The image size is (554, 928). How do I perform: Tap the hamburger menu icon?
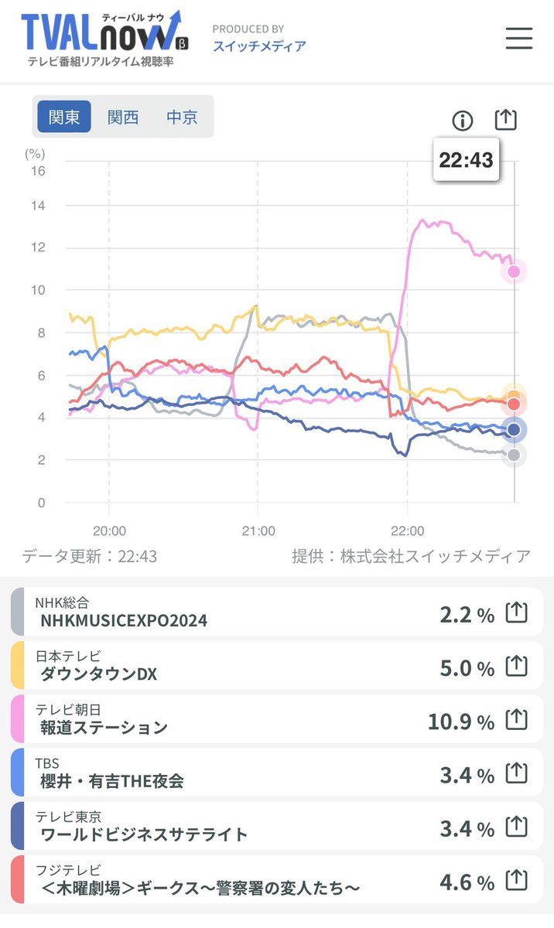(519, 38)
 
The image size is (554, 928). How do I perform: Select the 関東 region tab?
(64, 118)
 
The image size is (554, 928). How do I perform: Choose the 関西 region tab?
(123, 118)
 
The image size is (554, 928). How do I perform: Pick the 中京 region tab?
(182, 118)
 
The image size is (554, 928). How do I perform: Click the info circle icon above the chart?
(462, 120)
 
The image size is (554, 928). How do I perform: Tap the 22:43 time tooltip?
(466, 160)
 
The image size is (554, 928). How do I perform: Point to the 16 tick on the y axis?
(37, 171)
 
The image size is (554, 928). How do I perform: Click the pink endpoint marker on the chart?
(514, 271)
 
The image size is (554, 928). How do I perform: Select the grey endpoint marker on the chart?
(514, 455)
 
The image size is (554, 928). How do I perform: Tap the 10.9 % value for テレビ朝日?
(460, 722)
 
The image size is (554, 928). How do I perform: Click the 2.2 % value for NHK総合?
(467, 615)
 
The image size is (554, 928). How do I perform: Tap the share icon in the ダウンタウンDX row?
(516, 666)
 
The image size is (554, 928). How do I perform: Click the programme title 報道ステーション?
(104, 728)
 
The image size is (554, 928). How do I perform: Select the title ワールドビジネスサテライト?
(144, 834)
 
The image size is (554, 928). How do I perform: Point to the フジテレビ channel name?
(68, 870)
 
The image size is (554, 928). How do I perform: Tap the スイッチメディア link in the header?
(259, 46)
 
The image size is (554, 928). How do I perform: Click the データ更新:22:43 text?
(89, 556)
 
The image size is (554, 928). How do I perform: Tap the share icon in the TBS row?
(516, 773)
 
